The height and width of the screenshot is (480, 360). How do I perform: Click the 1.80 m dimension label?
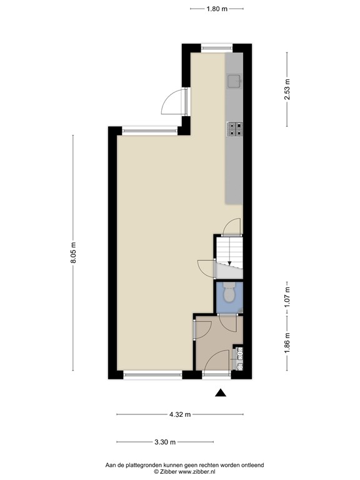[x=217, y=9]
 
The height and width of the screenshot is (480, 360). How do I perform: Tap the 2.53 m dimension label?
[x=287, y=89]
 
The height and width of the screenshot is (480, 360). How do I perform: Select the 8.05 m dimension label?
[x=73, y=252]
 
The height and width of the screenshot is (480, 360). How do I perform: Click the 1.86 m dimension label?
[x=287, y=342]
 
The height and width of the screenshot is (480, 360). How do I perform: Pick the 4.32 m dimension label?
[x=180, y=414]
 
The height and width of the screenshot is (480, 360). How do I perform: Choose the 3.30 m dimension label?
[x=165, y=442]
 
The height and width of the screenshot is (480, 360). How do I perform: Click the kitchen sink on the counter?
[x=234, y=81]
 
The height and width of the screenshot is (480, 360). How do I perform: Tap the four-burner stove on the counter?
[x=234, y=129]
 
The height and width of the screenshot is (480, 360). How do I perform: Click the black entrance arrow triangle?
[x=221, y=392]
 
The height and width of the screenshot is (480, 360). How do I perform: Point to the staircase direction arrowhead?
[x=229, y=262]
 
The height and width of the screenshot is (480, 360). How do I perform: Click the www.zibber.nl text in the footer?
[x=197, y=472]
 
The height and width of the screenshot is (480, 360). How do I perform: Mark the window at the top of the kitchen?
[x=217, y=47]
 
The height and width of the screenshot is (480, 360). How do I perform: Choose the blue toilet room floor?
[x=229, y=297]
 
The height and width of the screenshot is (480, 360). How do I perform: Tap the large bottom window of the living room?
[x=152, y=375]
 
